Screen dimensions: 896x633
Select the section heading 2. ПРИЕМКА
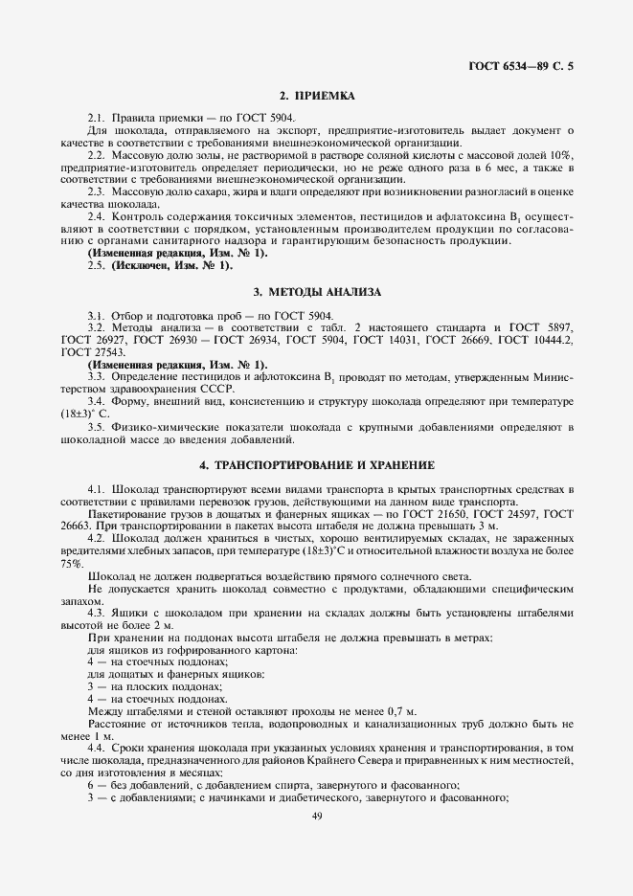[x=316, y=96]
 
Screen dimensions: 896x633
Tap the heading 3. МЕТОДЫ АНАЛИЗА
[x=316, y=290]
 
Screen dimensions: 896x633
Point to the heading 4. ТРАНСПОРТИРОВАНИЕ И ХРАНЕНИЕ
[x=316, y=465]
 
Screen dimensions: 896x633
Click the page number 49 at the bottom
[x=316, y=816]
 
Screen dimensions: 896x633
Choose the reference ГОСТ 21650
[x=449, y=514]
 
